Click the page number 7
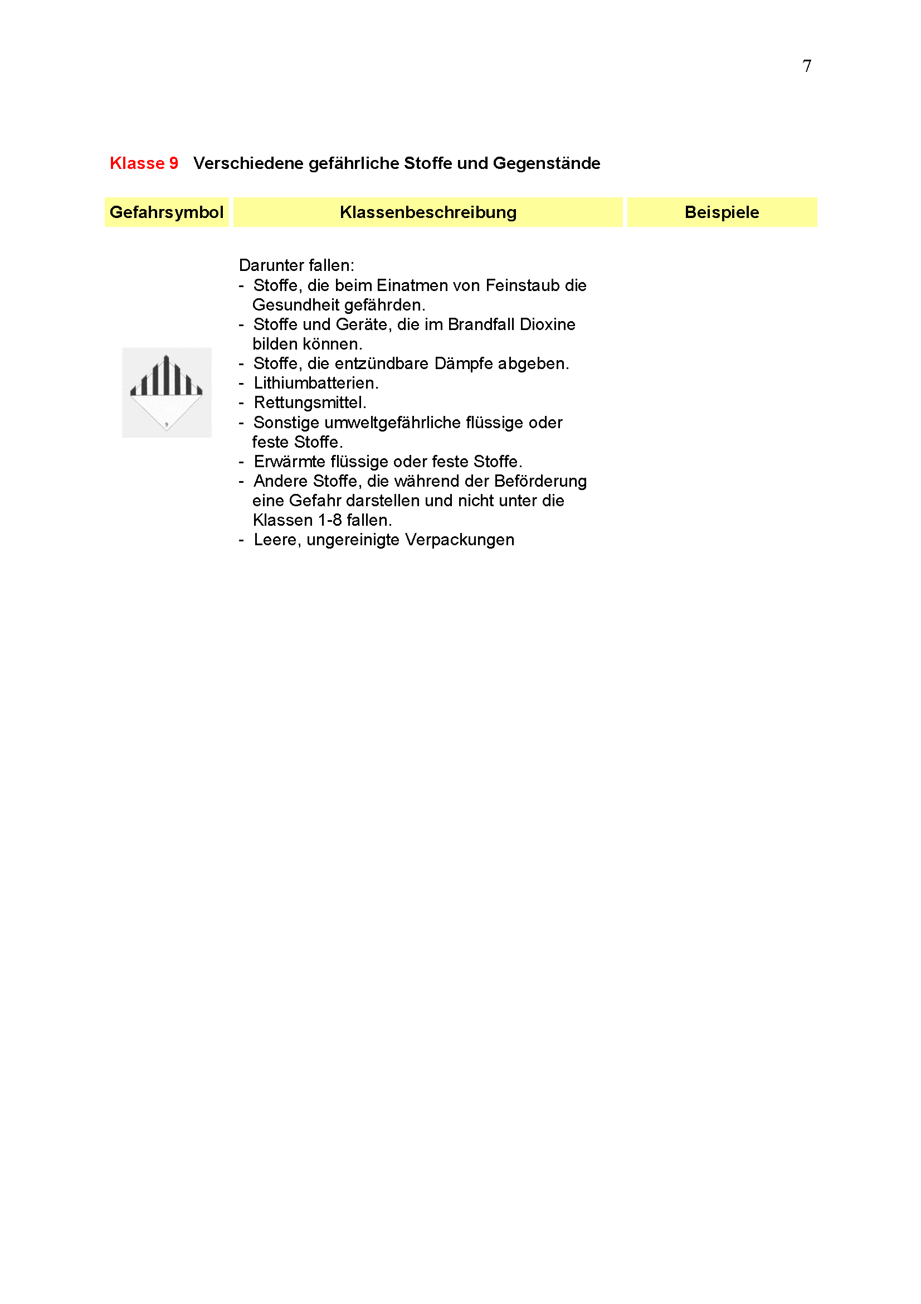pyautogui.click(x=806, y=66)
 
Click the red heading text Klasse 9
pyautogui.click(x=144, y=163)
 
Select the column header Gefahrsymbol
pyautogui.click(x=166, y=212)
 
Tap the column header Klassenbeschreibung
pyautogui.click(x=428, y=212)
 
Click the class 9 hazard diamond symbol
pyautogui.click(x=166, y=392)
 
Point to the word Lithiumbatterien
pyautogui.click(x=315, y=384)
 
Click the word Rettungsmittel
pyautogui.click(x=309, y=403)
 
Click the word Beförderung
pyautogui.click(x=540, y=481)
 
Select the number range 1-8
pyautogui.click(x=329, y=520)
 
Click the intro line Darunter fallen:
pyautogui.click(x=296, y=266)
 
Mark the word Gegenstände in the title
pyautogui.click(x=546, y=163)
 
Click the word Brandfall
pyautogui.click(x=481, y=325)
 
